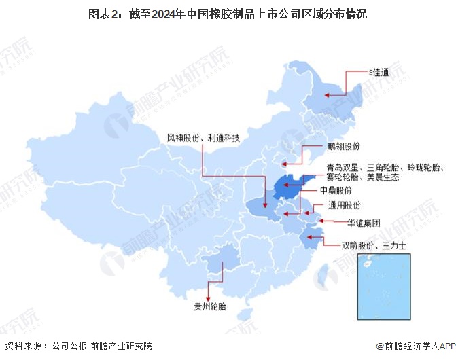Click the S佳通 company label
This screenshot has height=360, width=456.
click(379, 71)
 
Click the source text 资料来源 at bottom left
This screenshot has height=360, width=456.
click(24, 346)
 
